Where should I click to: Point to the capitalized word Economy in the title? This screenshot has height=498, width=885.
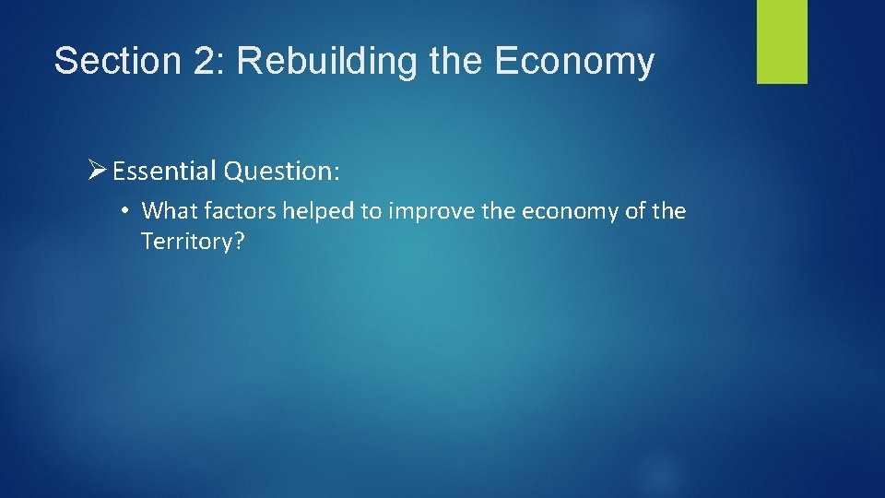tap(574, 62)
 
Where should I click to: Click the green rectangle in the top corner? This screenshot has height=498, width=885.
tap(782, 41)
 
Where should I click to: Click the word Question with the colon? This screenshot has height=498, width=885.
tap(282, 172)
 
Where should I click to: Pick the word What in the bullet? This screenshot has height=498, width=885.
tap(165, 211)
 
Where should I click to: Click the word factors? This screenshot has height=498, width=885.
tap(235, 211)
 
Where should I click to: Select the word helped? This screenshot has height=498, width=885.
tap(318, 211)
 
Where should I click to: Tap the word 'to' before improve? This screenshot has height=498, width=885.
tap(371, 211)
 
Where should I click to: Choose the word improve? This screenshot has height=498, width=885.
tap(428, 211)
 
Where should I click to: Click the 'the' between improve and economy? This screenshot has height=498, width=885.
tap(496, 211)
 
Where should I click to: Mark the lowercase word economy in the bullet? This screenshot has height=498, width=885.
tap(570, 211)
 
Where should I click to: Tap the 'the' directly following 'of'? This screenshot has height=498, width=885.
tap(669, 211)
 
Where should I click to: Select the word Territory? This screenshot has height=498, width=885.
tap(190, 242)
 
